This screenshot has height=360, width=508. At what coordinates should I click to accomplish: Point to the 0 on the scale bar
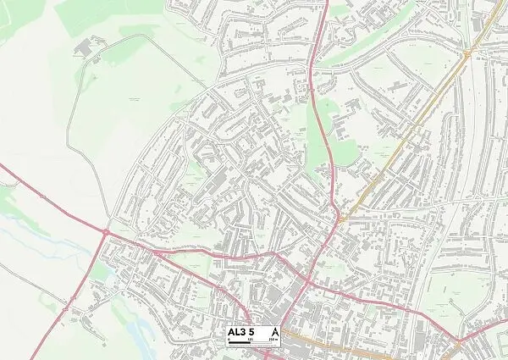(229, 341)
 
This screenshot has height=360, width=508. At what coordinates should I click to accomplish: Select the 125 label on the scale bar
(251, 341)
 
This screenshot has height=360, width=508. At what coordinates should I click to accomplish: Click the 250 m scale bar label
(273, 341)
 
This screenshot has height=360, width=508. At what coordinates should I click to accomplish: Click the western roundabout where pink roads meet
(105, 231)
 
